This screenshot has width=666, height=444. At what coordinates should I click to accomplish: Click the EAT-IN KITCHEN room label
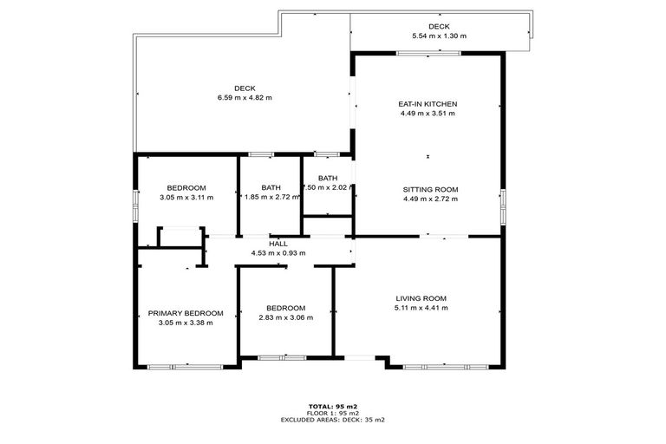pyautogui.click(x=428, y=104)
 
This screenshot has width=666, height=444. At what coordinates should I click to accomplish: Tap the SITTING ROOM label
pyautogui.click(x=430, y=189)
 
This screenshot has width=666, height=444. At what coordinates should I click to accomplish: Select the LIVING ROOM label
pyautogui.click(x=421, y=297)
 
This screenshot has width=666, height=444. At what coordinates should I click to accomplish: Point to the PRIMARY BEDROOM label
pyautogui.click(x=186, y=313)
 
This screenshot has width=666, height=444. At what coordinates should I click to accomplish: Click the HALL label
pyautogui.click(x=277, y=244)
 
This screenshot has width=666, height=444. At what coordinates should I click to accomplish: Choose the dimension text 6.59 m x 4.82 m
pyautogui.click(x=245, y=97)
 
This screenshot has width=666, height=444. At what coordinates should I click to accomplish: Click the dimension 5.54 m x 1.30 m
pyautogui.click(x=439, y=36)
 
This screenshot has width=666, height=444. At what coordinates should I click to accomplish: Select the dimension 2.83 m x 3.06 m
pyautogui.click(x=285, y=317)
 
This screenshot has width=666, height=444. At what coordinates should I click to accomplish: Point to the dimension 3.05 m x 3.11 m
pyautogui.click(x=186, y=198)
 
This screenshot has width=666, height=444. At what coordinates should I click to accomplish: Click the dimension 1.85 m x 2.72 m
pyautogui.click(x=271, y=198)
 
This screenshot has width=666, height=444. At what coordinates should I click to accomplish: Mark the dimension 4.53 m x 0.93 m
pyautogui.click(x=277, y=253)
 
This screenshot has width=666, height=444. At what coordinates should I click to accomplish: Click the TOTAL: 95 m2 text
pyautogui.click(x=333, y=406)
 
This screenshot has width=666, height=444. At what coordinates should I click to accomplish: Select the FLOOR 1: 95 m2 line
pyautogui.click(x=333, y=413)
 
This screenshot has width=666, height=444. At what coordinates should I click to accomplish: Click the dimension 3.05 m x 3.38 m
pyautogui.click(x=186, y=323)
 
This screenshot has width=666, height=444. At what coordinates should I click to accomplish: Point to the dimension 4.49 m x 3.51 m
pyautogui.click(x=428, y=114)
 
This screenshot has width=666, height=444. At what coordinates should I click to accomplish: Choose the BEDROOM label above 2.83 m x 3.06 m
pyautogui.click(x=285, y=308)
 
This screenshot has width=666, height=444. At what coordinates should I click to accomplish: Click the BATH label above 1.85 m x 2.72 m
pyautogui.click(x=271, y=188)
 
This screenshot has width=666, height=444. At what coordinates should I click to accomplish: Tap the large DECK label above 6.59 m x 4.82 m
pyautogui.click(x=245, y=88)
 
